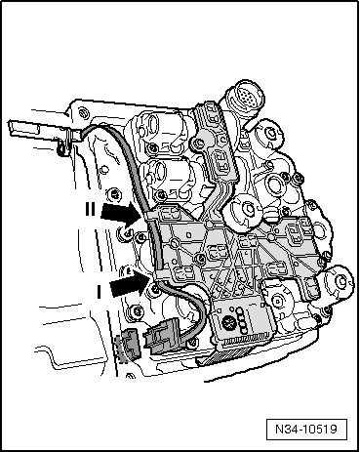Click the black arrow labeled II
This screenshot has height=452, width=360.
pyautogui.click(x=120, y=211)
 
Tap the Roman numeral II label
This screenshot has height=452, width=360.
pyautogui.click(x=89, y=208)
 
